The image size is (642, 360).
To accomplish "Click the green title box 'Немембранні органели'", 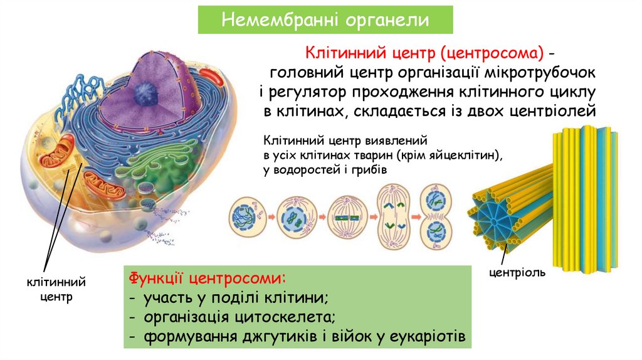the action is click(x=325, y=20).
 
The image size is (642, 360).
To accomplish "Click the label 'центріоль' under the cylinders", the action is click(x=517, y=272).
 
